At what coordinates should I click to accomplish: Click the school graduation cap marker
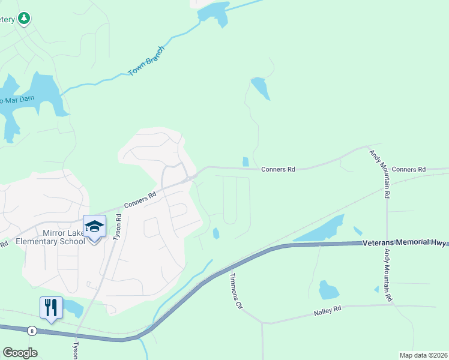[x=94, y=227]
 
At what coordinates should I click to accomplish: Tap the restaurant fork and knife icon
[x=51, y=308]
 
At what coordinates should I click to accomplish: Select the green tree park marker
[x=24, y=19]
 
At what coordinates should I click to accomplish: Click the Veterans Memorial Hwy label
[x=405, y=243]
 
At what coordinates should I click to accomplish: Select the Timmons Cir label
[x=235, y=292]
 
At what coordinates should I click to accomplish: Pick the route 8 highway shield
[x=32, y=330]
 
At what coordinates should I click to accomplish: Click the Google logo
[x=20, y=353]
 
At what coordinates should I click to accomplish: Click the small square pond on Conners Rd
[x=245, y=162]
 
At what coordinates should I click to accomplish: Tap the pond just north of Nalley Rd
[x=328, y=290]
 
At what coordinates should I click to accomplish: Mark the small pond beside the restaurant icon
[x=74, y=308]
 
